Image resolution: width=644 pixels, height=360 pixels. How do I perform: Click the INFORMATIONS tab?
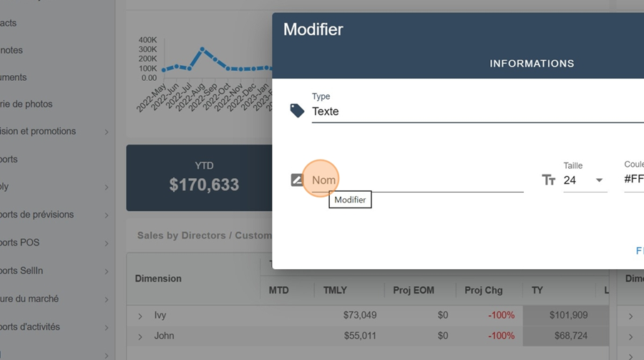(532, 64)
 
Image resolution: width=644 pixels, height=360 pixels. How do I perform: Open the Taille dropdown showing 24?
(585, 180)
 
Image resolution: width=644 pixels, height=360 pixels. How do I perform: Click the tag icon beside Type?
(297, 110)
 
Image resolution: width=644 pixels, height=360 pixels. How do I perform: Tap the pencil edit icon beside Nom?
(298, 180)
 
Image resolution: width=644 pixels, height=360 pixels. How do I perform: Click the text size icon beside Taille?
(549, 180)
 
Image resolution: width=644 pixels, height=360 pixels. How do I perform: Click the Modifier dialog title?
(313, 30)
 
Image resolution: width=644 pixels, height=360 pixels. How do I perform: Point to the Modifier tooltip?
(351, 200)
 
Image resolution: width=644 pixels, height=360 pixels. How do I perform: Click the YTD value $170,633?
(204, 185)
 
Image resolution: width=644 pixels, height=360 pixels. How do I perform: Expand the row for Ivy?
(140, 316)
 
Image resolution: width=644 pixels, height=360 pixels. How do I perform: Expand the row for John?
(140, 336)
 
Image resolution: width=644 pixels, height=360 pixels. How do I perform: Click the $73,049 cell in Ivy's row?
(360, 315)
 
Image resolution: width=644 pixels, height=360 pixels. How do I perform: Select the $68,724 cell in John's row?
(568, 336)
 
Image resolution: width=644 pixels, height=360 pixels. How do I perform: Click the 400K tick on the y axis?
(148, 40)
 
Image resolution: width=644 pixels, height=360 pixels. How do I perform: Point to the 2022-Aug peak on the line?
(203, 49)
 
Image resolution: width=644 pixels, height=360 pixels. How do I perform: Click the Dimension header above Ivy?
(158, 278)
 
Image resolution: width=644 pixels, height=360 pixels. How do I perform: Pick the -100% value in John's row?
(501, 336)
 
